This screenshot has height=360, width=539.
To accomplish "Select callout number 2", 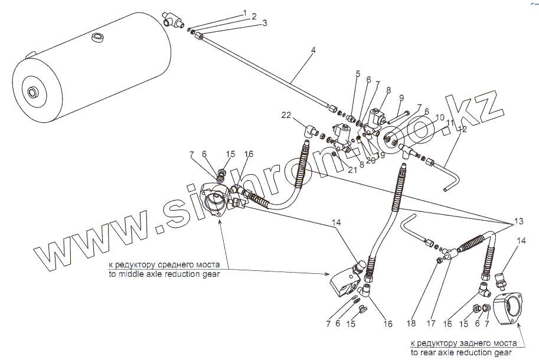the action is pyautogui.click(x=254, y=17).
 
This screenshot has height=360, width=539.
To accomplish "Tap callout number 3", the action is pyautogui.click(x=264, y=23).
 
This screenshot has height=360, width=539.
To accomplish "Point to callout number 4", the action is pyautogui.click(x=313, y=50).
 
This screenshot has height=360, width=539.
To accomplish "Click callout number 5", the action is pyautogui.click(x=357, y=73).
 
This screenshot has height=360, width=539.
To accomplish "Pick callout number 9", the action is pyautogui.click(x=401, y=97).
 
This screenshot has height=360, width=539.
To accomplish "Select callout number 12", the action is pyautogui.click(x=462, y=128).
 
